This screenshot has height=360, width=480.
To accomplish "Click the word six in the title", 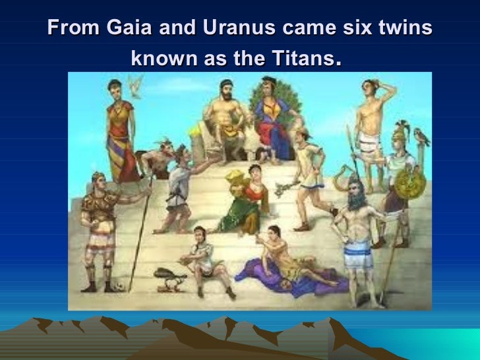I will point(346,30).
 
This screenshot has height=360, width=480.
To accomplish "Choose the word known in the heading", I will point(162,63).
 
